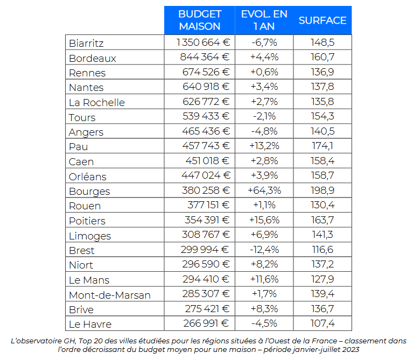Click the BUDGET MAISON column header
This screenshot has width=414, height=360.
point(200,20)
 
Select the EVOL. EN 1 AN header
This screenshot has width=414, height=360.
point(264,20)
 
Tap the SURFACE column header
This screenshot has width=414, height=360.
point(322,20)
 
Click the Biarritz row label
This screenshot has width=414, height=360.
point(86,43)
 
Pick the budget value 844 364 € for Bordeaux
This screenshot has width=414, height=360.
point(202,58)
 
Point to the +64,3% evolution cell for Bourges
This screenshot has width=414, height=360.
point(264,190)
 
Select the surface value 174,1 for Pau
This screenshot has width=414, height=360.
point(322,146)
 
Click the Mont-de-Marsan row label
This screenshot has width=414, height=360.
point(110,295)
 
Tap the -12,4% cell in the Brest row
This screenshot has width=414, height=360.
point(264,250)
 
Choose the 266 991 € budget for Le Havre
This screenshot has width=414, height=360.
point(202,323)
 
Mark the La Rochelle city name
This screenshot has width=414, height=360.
point(97,102)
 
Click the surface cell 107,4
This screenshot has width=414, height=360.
point(322,323)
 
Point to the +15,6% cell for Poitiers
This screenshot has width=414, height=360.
point(264,220)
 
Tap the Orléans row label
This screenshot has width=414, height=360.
point(88,177)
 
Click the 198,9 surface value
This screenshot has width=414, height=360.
point(322,190)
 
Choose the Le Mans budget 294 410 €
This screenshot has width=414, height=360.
point(202,279)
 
